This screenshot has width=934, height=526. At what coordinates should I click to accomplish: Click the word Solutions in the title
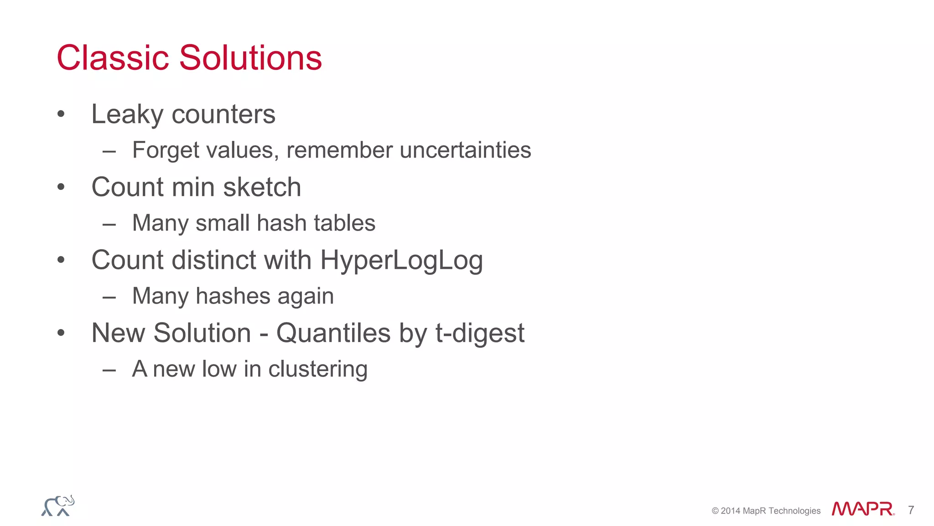pos(250,58)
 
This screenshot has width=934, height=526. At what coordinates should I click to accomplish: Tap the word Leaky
pos(127,114)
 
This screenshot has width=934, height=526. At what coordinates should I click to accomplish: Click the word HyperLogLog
pos(401,260)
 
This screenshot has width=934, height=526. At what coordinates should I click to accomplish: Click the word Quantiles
pos(333,333)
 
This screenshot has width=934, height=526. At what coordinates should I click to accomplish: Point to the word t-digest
pos(480,333)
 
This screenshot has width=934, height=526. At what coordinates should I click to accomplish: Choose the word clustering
pos(318,369)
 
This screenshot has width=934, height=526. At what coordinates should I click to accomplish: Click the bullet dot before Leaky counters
pos(61,114)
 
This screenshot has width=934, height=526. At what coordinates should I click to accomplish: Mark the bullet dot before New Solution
pos(61,333)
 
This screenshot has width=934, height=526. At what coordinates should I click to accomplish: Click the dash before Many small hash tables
pos(109,224)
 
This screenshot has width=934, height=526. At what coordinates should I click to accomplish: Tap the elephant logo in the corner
pos(58,506)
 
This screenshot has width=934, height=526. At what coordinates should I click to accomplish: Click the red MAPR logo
pos(862,509)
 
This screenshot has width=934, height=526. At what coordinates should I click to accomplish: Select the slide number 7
pos(911,510)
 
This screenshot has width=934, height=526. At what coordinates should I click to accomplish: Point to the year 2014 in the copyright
pos(731,511)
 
